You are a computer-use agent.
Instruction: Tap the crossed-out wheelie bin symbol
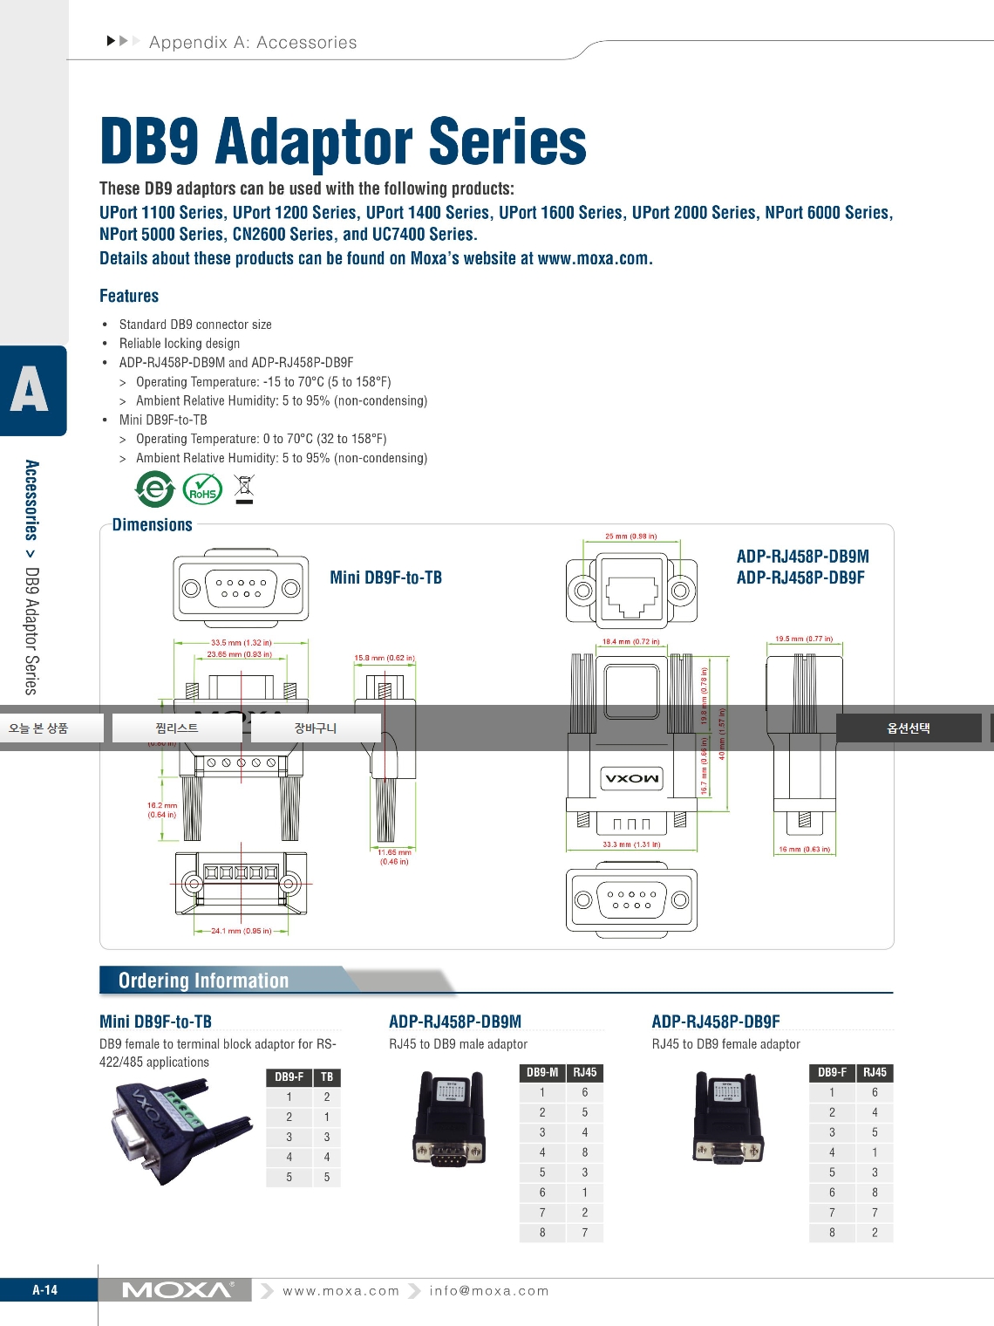(244, 489)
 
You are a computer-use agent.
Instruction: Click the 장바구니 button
(316, 728)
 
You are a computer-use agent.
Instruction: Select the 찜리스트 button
(177, 728)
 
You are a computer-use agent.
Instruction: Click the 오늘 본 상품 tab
(39, 728)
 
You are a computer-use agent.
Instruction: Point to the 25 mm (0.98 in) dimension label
(631, 537)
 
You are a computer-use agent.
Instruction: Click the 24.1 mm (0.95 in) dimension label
(241, 931)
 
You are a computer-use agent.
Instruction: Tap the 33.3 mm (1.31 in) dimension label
(631, 844)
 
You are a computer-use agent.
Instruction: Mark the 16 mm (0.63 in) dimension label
(804, 849)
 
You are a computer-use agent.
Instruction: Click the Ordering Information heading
(203, 981)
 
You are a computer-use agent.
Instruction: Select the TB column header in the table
(327, 1077)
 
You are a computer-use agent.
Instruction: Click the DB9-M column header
(542, 1072)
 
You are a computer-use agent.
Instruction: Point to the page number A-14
(45, 1290)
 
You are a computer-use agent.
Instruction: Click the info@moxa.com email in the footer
(489, 1291)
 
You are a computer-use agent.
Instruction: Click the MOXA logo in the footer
(177, 1290)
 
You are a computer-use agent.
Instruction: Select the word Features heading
(129, 296)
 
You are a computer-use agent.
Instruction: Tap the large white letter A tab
(30, 390)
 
